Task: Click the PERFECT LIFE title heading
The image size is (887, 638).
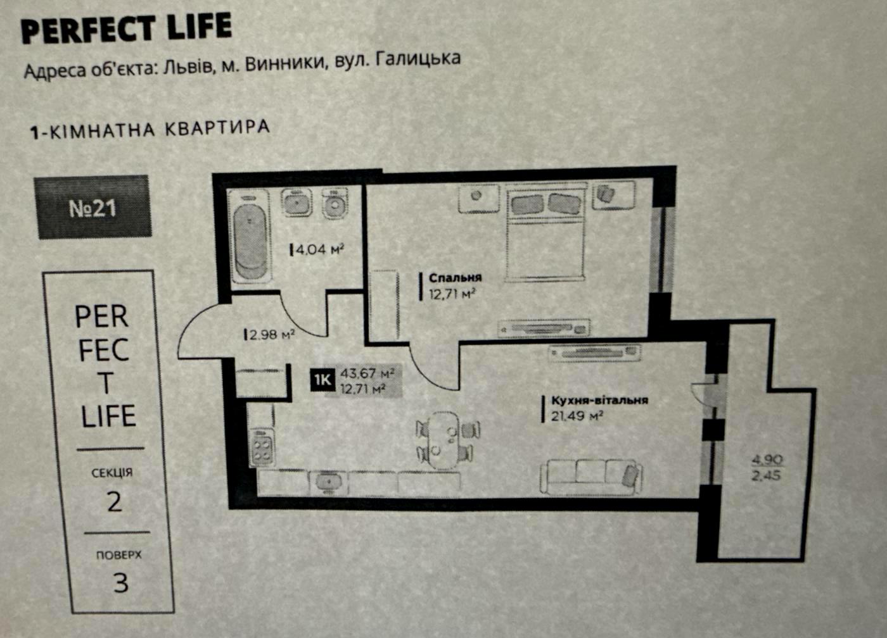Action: tap(126, 28)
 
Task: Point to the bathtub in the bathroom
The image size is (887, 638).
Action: tap(251, 237)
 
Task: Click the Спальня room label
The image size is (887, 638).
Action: tap(456, 277)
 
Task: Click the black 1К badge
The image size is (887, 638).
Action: tap(322, 380)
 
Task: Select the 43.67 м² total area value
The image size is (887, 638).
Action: tap(367, 373)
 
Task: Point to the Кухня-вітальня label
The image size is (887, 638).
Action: tap(599, 400)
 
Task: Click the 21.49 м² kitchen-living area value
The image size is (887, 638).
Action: tap(577, 416)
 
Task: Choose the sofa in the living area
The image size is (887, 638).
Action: tap(591, 477)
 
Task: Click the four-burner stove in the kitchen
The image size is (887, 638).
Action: tap(262, 447)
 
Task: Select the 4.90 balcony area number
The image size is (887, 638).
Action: tap(767, 460)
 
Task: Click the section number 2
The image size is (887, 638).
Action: tap(114, 502)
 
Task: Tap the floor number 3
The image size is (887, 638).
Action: tap(121, 583)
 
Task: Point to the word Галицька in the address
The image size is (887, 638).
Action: tap(418, 58)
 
